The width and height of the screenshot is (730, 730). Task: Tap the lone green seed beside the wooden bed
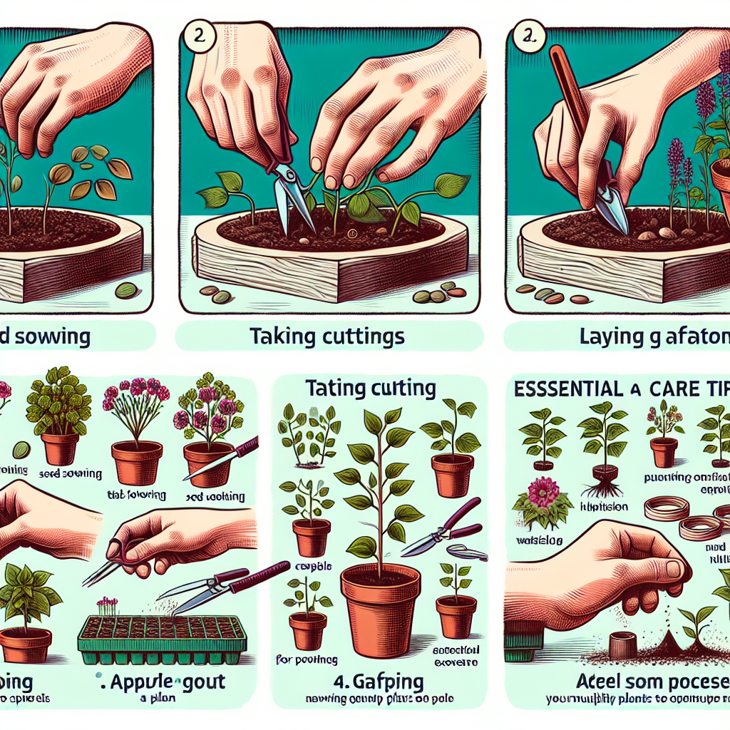coord(127,291)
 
